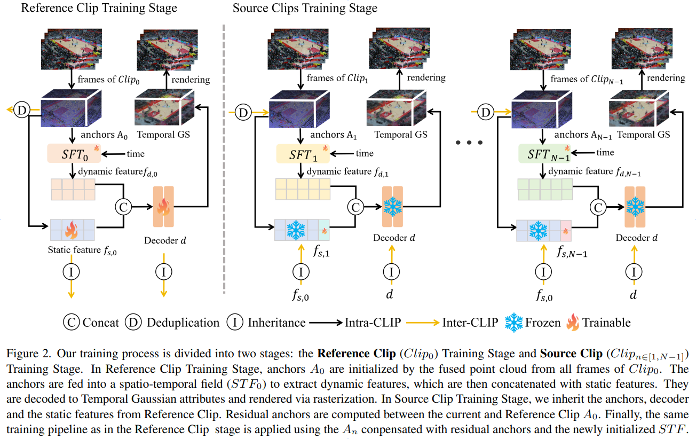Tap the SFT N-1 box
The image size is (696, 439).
(545, 154)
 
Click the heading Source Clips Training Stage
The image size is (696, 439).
(305, 8)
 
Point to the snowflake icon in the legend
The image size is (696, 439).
(515, 322)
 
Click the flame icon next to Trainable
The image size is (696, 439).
(572, 322)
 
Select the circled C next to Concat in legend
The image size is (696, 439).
(71, 323)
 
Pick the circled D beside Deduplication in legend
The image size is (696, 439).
(134, 323)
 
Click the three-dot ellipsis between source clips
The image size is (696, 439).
(470, 143)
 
